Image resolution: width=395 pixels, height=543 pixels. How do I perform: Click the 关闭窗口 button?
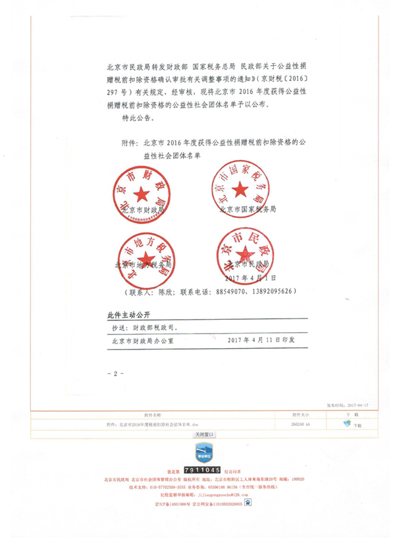(x=202, y=435)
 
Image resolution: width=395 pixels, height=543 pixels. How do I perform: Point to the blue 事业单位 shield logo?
(x=202, y=453)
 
